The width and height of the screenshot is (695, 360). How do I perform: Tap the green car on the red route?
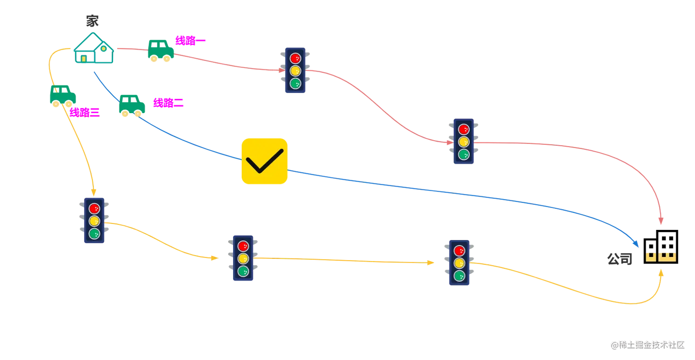click(x=160, y=50)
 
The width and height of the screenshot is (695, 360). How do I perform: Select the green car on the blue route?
click(x=132, y=104)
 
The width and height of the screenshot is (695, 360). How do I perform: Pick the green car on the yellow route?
click(x=62, y=96)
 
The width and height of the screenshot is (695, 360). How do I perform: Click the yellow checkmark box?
click(x=265, y=161)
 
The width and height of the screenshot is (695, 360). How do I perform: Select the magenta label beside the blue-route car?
click(x=168, y=103)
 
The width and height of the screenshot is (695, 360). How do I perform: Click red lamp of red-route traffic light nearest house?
click(x=295, y=58)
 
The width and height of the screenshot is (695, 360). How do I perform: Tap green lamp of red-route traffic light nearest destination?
click(x=464, y=154)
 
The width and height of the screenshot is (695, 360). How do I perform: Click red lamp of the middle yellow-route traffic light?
click(x=244, y=245)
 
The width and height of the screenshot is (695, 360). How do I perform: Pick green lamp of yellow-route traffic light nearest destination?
click(x=459, y=276)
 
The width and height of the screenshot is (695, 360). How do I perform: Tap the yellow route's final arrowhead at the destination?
click(x=662, y=272)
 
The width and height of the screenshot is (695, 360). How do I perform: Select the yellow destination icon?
click(x=661, y=257)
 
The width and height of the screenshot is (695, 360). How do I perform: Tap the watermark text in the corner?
click(x=647, y=344)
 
